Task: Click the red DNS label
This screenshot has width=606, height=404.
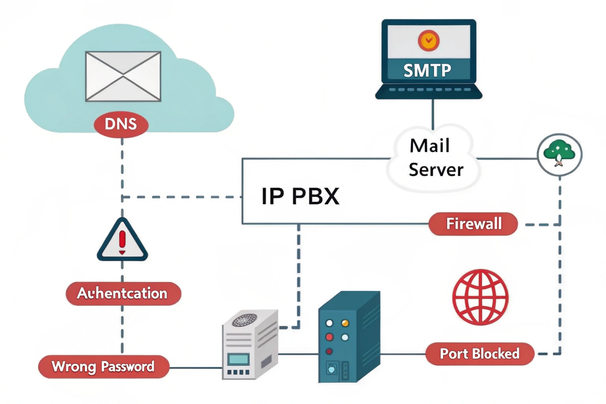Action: coord(121,124)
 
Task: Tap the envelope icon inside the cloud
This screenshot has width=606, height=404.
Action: coord(123,76)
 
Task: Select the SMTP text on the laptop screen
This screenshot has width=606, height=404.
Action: coord(427,71)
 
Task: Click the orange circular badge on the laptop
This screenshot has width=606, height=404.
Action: coord(429,40)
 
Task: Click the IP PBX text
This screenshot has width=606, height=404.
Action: coord(300,196)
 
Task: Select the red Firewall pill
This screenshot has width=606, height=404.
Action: coord(473,224)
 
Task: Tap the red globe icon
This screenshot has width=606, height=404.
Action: coord(480,297)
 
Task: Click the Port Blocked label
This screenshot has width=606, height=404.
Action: coord(479,354)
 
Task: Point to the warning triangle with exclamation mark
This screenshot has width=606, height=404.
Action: coord(122,241)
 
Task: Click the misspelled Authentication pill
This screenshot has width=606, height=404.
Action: coord(123,294)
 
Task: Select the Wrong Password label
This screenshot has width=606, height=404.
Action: coord(104,367)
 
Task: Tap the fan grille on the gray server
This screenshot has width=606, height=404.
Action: coord(244,320)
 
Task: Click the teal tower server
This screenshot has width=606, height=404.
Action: coord(348,339)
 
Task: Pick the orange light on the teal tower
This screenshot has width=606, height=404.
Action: coord(345,323)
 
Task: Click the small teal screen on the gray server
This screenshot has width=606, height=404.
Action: coord(239,359)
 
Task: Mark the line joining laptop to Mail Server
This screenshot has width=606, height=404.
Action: coord(433,114)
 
